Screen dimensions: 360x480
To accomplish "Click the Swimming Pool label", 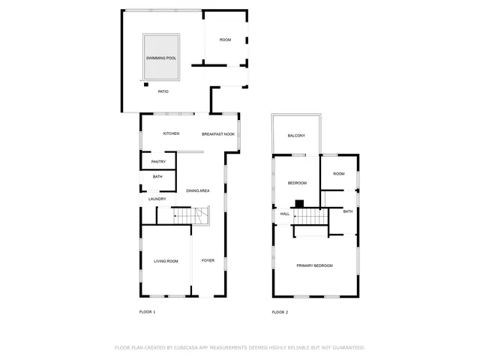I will [x=160, y=58].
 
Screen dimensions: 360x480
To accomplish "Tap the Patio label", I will [x=163, y=91].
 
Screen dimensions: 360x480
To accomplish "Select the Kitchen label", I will [x=171, y=133].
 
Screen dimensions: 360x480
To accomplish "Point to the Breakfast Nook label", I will [x=218, y=133].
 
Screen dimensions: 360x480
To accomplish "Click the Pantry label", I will [x=158, y=161].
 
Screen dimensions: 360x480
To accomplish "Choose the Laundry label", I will [x=157, y=199].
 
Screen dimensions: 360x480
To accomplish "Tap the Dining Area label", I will [x=197, y=191].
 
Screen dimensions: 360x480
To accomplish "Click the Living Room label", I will [x=166, y=261].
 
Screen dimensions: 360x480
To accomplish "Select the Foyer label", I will [x=208, y=260].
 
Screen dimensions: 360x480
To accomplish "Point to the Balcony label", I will [x=296, y=136].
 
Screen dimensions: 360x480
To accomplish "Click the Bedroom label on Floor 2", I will [x=298, y=183].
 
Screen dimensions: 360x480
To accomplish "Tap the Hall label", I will [x=285, y=214].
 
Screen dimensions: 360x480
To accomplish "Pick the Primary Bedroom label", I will [x=314, y=265].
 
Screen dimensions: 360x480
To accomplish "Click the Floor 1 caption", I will [x=147, y=311].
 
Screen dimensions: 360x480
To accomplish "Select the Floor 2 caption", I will [x=280, y=311].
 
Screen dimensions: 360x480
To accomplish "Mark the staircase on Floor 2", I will [x=311, y=215].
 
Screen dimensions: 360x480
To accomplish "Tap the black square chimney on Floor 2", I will [x=298, y=202].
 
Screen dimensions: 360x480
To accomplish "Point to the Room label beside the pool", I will [x=225, y=40].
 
